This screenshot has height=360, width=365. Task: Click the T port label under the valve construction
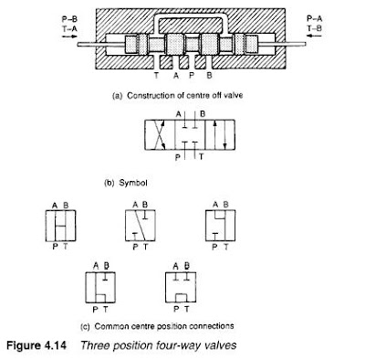156,75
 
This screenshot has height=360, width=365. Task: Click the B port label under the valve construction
209,75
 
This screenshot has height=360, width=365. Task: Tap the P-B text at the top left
69,19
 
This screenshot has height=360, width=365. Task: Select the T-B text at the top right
314,28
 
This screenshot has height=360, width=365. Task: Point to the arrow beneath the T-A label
69,37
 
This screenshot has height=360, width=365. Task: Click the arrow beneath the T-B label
314,36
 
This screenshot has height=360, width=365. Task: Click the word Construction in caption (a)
149,96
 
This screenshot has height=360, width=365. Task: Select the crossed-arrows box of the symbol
160,134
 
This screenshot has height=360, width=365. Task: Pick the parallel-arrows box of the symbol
220,134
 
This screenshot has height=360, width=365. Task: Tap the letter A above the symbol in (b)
179,114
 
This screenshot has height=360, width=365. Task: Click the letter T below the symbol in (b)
201,157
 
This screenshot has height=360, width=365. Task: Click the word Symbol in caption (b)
133,183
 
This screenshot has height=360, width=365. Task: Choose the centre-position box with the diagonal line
141,226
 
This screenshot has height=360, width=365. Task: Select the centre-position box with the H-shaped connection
60,226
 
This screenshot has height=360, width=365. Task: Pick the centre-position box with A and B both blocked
181,287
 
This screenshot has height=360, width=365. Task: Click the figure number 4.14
56,345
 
